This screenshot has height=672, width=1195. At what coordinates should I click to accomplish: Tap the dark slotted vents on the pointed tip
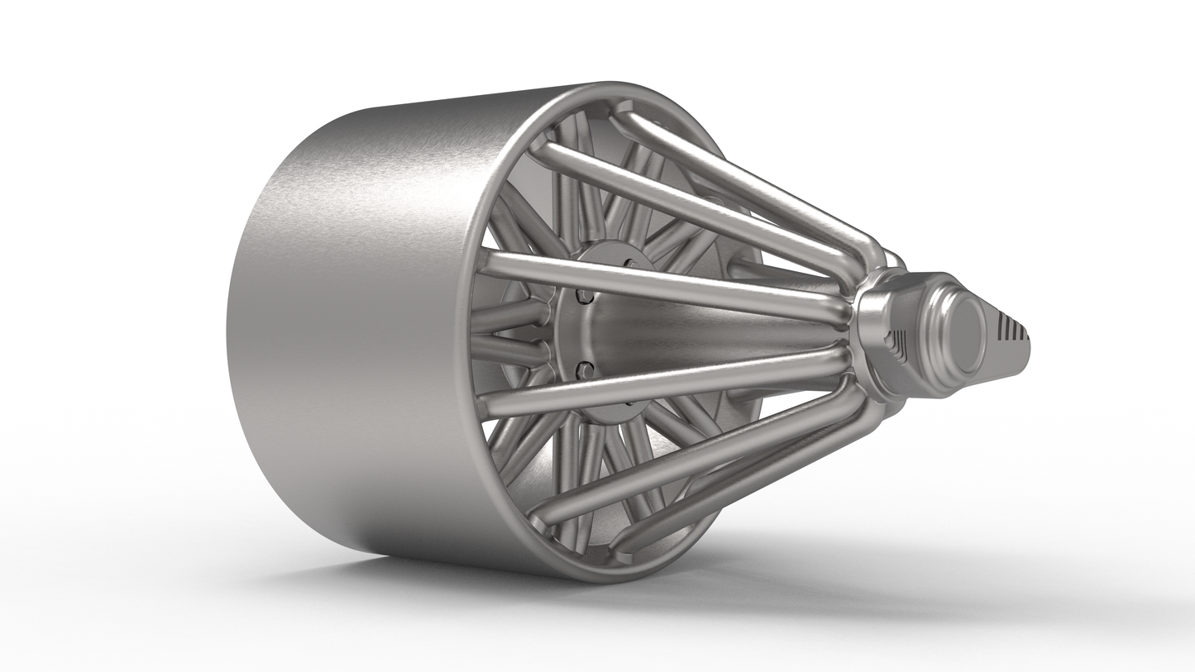pyautogui.click(x=1011, y=328)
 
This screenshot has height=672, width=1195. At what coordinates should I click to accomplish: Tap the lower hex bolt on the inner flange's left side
pyautogui.click(x=586, y=369)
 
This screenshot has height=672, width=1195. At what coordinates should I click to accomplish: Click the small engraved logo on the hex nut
pyautogui.click(x=897, y=341)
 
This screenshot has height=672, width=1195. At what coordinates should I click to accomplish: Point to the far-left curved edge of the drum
pyautogui.click(x=229, y=331)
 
